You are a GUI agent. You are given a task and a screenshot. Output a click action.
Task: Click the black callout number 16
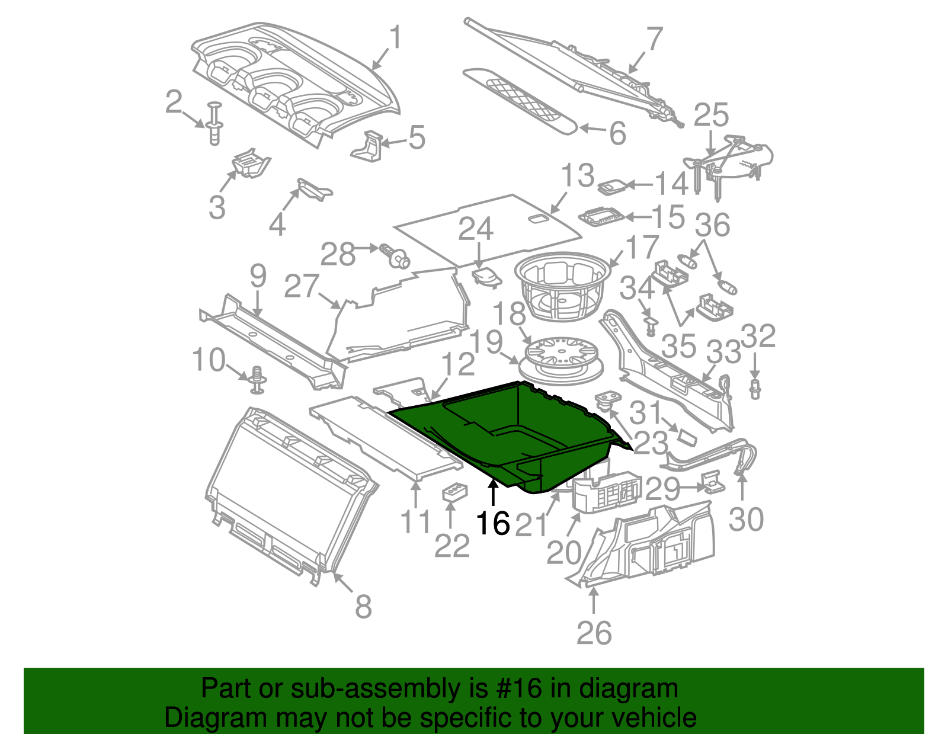pos(493,523)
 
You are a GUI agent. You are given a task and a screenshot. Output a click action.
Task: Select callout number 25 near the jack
pos(710,115)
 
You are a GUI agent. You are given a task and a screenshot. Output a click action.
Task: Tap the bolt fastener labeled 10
pos(258,380)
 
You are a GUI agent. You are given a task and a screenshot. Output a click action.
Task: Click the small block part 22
pos(454,492)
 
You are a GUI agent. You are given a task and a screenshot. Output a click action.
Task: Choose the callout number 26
pos(594,633)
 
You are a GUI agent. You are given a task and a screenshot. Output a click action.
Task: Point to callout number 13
pos(578,176)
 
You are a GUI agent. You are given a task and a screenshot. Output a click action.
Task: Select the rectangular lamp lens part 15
pos(603,216)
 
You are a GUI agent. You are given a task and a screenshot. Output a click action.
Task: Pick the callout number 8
pos(363,606)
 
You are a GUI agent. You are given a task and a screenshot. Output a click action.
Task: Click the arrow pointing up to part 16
pos(493,495)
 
